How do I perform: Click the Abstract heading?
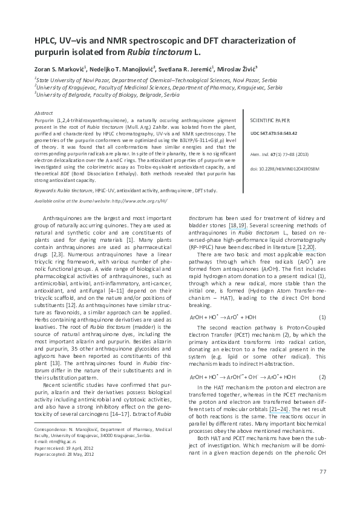click(x=44, y=114)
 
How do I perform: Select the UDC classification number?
click(x=273, y=132)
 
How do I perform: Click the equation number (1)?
click(x=322, y=317)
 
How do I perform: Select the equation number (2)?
click(x=322, y=377)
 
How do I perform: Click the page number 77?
click(x=322, y=488)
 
